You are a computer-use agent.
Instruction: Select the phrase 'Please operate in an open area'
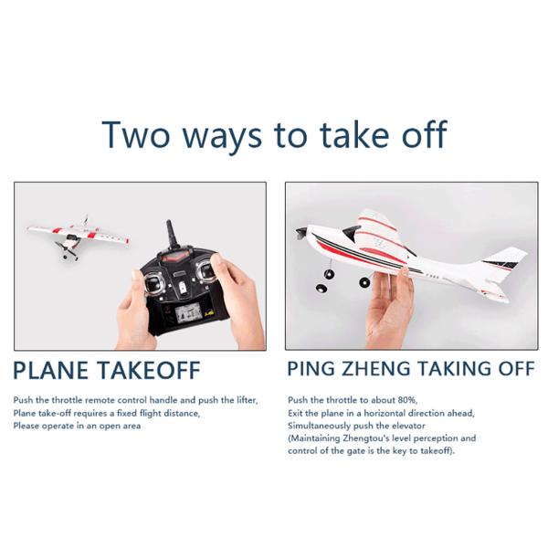click(77, 426)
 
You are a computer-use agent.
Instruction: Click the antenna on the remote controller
click(170, 237)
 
